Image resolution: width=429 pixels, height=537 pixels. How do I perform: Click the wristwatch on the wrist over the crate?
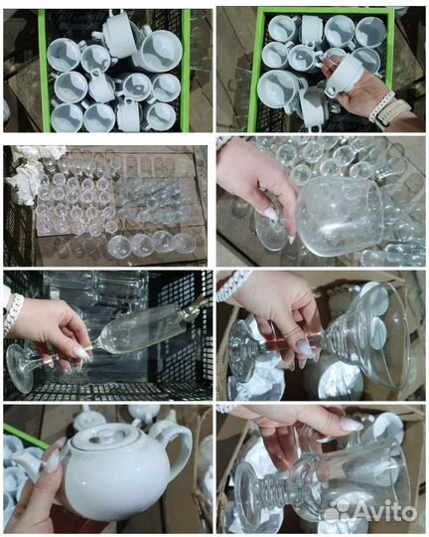(393, 109)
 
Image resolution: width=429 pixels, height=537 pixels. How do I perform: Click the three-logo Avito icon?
(337, 513)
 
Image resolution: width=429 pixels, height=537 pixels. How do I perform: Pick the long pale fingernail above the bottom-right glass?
(351, 425)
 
